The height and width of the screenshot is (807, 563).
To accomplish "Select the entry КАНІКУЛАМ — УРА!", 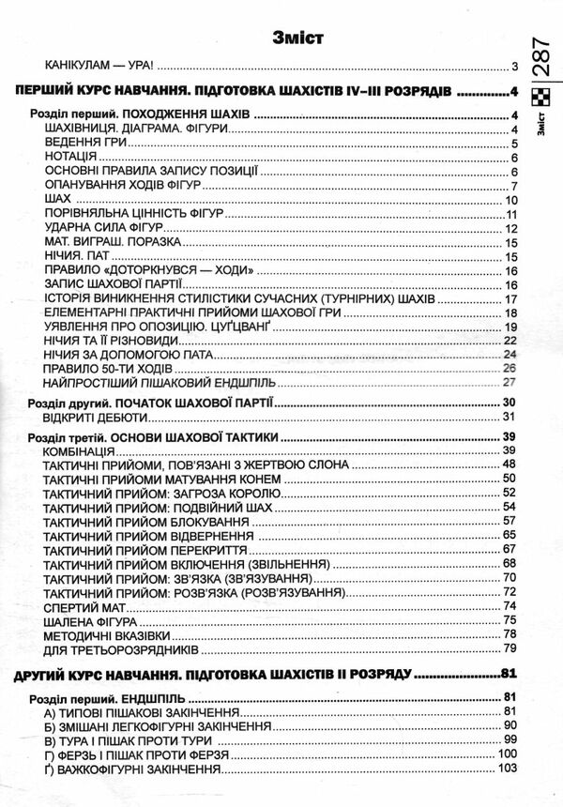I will point(99,69).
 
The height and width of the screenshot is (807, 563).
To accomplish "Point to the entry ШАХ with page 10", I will point(57,200).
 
